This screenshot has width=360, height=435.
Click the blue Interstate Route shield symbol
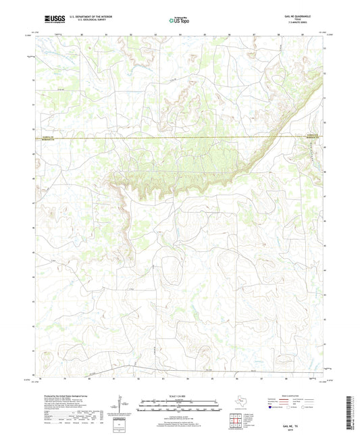(x=271, y=408)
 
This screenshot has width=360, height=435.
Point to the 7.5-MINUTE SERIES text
(x=300, y=23)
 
